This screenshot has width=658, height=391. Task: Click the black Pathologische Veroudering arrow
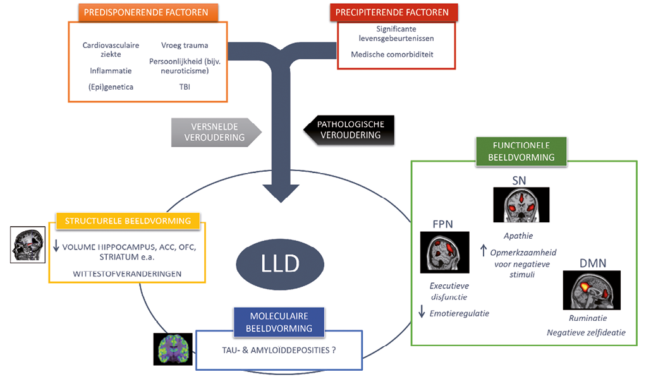click(x=351, y=130)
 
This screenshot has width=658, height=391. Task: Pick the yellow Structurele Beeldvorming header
click(x=127, y=220)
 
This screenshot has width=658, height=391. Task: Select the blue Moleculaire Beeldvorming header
click(x=279, y=322)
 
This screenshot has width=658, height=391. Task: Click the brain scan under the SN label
click(x=521, y=205)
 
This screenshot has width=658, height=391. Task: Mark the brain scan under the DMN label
click(x=591, y=290)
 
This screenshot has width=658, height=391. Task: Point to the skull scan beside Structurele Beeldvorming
click(x=28, y=244)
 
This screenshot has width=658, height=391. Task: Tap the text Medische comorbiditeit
click(x=393, y=54)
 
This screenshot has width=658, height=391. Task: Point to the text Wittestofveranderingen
click(x=126, y=274)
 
